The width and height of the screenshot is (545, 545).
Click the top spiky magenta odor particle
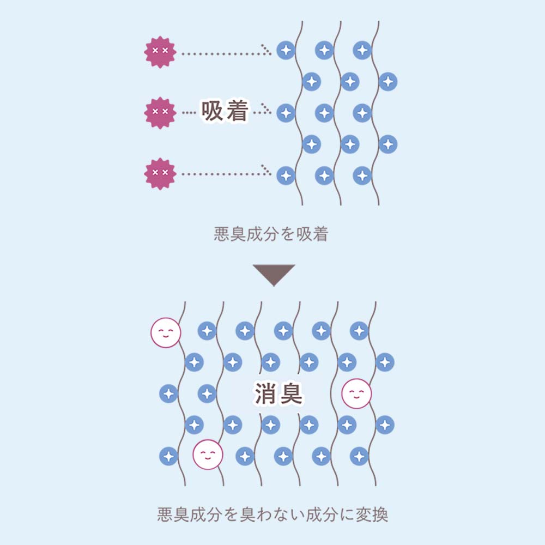coord(160,52)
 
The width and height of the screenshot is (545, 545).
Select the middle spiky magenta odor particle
coord(160,113)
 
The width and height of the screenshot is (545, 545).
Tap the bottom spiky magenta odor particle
coord(160,174)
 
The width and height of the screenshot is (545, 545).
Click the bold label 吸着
coord(225,112)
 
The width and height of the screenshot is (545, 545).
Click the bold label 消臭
coord(278,393)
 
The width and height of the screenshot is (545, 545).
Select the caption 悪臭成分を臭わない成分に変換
coord(272,514)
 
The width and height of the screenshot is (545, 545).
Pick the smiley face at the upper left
coord(166,332)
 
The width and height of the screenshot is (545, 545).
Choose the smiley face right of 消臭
coord(356,393)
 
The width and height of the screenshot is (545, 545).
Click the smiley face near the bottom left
coord(208,455)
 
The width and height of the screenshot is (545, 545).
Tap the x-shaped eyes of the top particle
coord(160,51)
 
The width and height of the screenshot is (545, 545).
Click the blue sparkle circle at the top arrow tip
coord(286,50)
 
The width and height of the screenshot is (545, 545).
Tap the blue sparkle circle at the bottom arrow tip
coord(286,175)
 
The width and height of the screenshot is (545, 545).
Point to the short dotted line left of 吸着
coord(189,113)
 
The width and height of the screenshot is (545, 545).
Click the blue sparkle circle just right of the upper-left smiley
coord(207,330)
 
